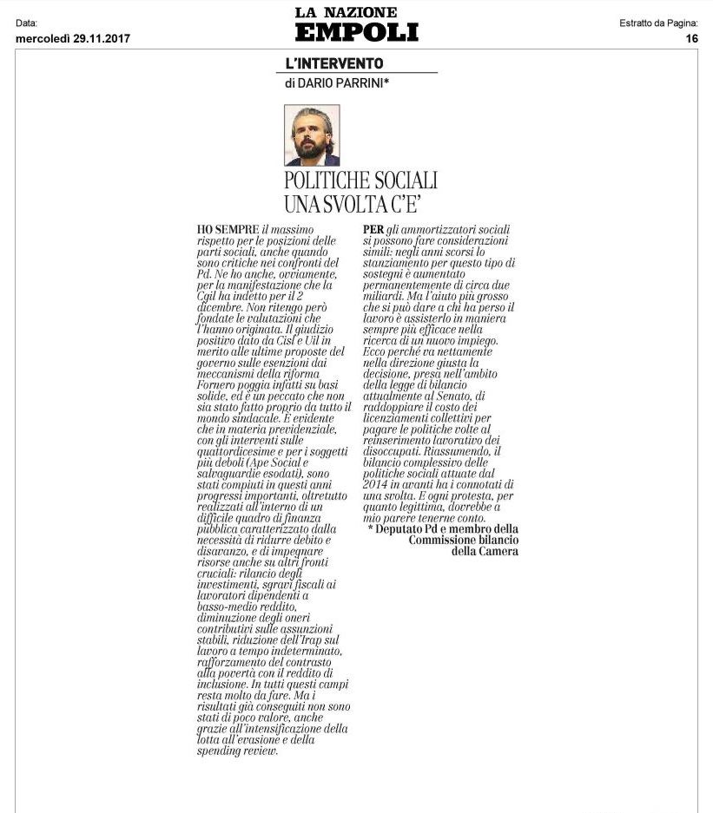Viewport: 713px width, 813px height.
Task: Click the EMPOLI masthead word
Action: (356, 32)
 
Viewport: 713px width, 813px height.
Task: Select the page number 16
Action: (691, 38)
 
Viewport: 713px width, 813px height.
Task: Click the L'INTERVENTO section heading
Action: (334, 63)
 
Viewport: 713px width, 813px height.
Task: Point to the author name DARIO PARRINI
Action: (340, 83)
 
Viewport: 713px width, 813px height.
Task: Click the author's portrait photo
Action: (312, 135)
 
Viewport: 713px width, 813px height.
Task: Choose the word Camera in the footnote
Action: (497, 551)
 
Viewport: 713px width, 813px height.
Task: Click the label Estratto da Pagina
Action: (658, 23)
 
